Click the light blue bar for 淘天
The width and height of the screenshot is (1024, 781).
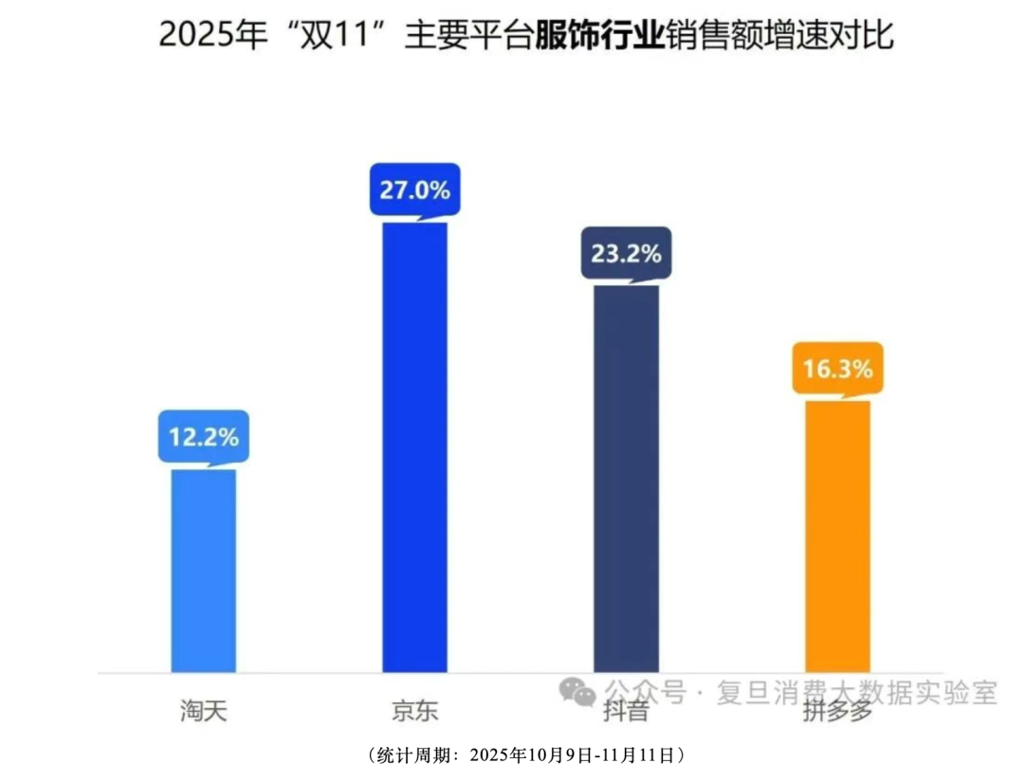tap(203, 571)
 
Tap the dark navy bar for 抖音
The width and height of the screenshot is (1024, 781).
tap(626, 479)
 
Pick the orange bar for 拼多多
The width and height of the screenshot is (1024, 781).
tap(837, 536)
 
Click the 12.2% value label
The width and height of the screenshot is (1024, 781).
tap(204, 438)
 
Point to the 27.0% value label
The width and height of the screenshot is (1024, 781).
tap(415, 190)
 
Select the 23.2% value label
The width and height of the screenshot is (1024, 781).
tap(627, 254)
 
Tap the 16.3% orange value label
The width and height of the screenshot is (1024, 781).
tap(838, 369)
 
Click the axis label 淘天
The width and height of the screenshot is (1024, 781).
tap(204, 710)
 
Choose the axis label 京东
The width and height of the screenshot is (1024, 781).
tap(415, 710)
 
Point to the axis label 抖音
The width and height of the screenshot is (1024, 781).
tap(627, 710)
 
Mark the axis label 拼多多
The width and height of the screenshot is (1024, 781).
tap(836, 710)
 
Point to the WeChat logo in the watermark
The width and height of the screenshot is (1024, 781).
tap(577, 691)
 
